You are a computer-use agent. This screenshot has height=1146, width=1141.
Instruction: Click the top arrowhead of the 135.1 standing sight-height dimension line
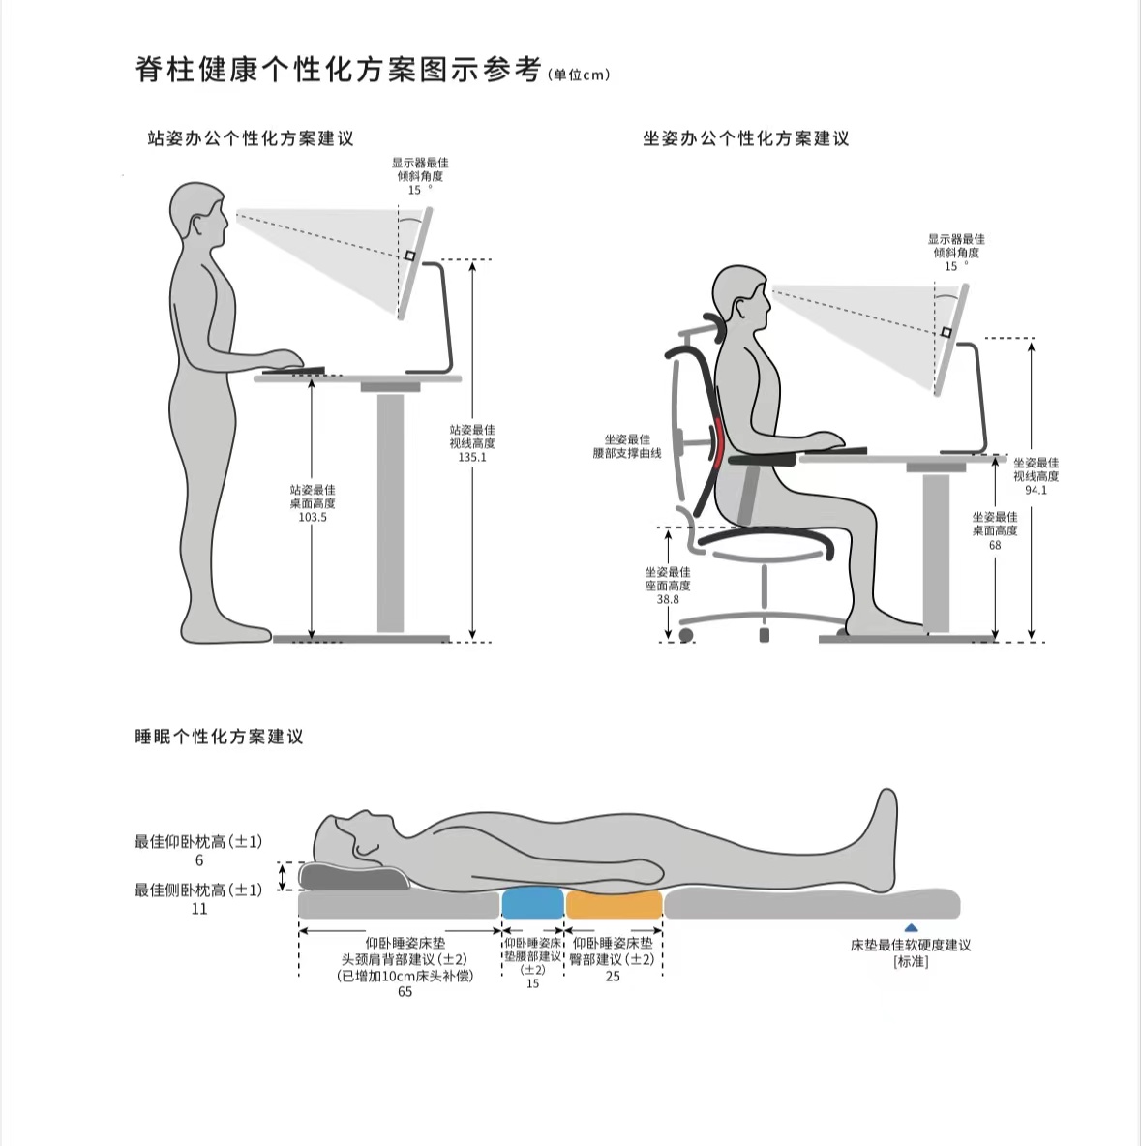[473, 265]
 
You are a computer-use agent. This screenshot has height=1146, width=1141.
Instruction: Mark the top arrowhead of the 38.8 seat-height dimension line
[668, 533]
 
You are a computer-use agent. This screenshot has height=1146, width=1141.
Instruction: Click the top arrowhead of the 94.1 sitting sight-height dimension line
[1032, 345]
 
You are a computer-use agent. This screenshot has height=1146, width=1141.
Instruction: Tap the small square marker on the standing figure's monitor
[410, 256]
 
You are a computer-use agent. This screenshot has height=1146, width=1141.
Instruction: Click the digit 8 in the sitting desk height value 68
[999, 545]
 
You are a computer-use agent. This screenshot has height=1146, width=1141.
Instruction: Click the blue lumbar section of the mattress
[533, 903]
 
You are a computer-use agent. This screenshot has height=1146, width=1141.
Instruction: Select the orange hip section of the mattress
[614, 903]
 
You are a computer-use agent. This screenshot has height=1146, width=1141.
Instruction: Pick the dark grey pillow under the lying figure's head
[354, 876]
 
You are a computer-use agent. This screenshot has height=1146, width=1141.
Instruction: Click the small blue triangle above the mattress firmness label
[911, 928]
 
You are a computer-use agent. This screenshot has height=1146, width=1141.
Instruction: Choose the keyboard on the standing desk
[294, 370]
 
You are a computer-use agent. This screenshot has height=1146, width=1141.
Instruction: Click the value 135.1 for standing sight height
[472, 458]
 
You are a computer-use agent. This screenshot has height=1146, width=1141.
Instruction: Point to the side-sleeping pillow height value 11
[198, 909]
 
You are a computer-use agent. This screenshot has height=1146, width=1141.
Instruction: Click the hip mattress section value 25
[613, 977]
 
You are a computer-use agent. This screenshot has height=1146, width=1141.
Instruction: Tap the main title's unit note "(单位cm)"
[578, 75]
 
